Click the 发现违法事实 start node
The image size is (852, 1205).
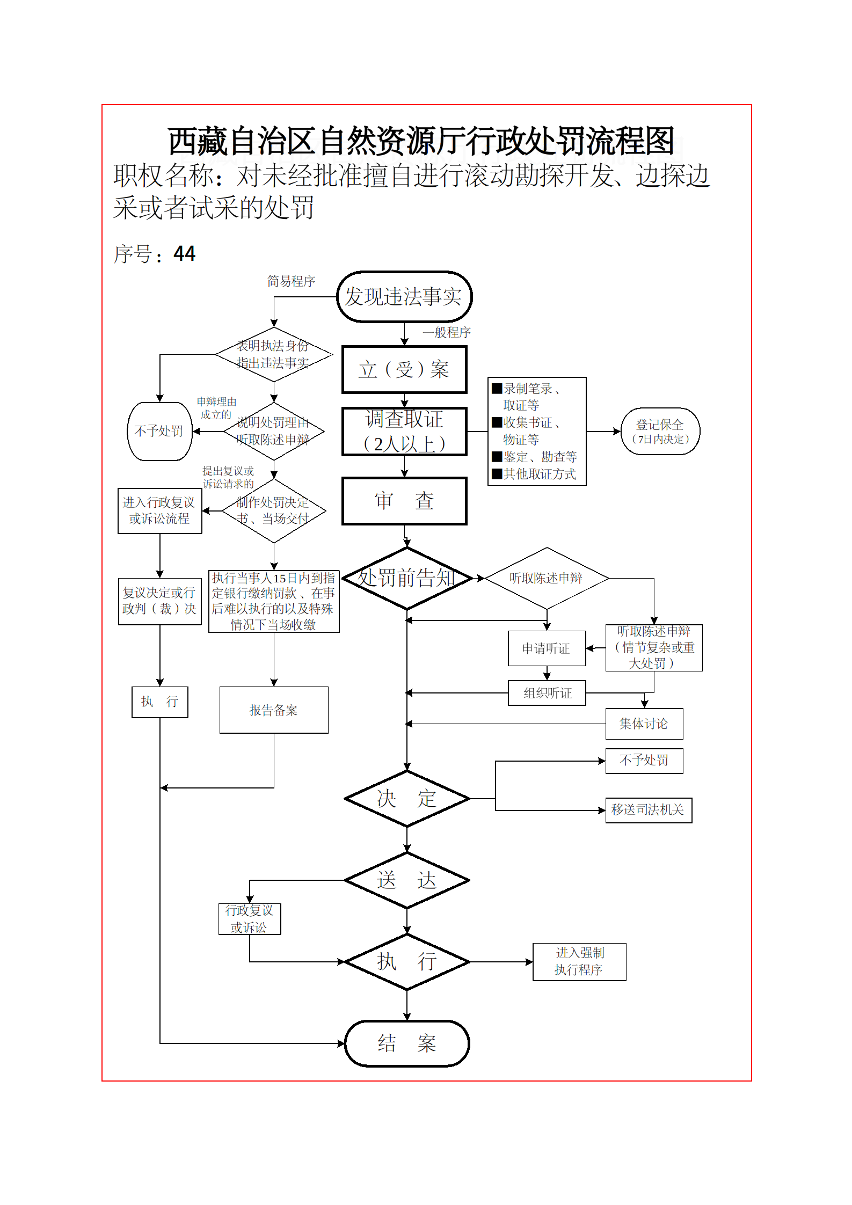404,297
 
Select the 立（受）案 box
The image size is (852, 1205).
404,369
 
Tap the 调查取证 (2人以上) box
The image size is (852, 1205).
404,432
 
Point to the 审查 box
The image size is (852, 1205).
404,501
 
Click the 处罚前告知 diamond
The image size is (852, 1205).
407,578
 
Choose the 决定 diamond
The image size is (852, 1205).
407,799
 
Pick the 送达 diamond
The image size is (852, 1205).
407,880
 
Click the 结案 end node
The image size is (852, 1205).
407,1043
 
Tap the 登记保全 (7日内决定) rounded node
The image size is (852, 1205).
660,432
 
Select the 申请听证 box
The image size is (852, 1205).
547,648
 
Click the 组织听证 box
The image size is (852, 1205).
547,693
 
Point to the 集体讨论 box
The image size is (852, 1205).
644,724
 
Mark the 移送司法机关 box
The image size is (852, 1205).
648,810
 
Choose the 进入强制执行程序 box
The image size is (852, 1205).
579,962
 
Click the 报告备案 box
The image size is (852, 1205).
274,710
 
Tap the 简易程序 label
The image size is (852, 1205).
291,281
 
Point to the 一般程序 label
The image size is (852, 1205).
447,333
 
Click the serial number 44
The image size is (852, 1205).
184,254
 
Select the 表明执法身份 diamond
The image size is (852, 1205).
274,354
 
